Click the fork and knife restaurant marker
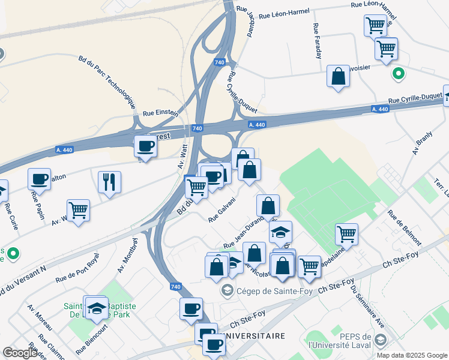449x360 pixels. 109,181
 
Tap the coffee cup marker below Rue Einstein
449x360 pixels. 145,146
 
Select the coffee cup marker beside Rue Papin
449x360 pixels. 39,178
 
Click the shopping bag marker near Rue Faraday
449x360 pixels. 339,77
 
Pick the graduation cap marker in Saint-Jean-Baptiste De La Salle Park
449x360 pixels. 96,308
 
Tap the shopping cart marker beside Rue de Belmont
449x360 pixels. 346,234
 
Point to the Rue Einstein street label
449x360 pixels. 160,112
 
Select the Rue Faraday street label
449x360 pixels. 317,41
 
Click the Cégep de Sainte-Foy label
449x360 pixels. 258,292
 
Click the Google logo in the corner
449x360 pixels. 20,353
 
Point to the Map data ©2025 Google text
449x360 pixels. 411,355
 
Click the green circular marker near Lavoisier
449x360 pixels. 397,74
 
